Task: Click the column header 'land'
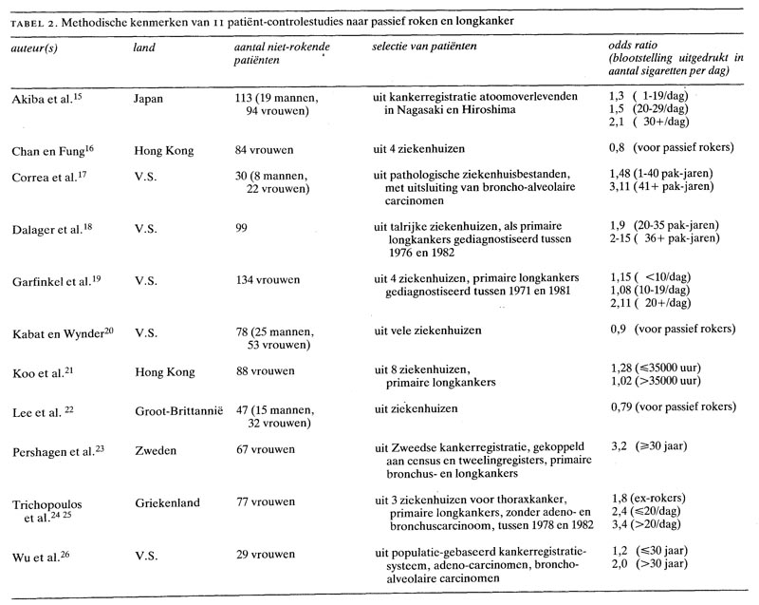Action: pos(143,46)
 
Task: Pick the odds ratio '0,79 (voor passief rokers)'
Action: pos(672,408)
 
